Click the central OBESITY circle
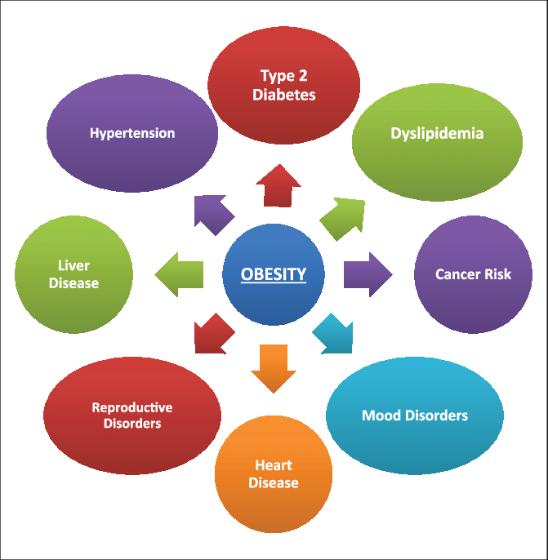pyautogui.click(x=274, y=274)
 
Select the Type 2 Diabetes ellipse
pyautogui.click(x=283, y=85)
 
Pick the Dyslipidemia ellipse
pyautogui.click(x=437, y=140)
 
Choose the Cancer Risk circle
pyautogui.click(x=473, y=274)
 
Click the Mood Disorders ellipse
pyautogui.click(x=415, y=416)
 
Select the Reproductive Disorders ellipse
pyautogui.click(x=132, y=416)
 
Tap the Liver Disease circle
pyautogui.click(x=74, y=274)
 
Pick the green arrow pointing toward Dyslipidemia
pyautogui.click(x=341, y=217)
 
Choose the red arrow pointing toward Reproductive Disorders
pyautogui.click(x=214, y=333)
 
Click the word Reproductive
pyautogui.click(x=132, y=407)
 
